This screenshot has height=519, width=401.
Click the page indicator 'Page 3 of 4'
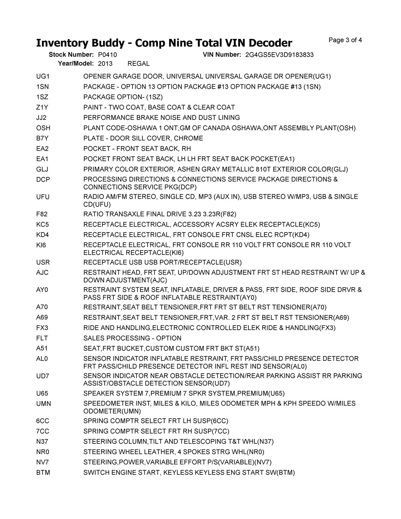[345, 40]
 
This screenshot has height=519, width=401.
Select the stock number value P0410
[107, 55]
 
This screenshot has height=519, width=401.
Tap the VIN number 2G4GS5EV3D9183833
[279, 55]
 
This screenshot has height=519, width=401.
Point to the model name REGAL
[139, 64]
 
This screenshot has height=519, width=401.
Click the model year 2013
[105, 64]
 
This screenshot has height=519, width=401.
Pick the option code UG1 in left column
[43, 76]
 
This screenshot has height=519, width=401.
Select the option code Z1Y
[42, 107]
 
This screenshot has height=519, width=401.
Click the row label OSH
[43, 128]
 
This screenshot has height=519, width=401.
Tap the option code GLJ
[42, 170]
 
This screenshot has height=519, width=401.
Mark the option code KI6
[41, 245]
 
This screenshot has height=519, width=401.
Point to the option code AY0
[42, 290]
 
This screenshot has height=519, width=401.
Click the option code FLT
[42, 338]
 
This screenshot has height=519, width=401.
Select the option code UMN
[44, 404]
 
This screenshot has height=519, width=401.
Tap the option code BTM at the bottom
[43, 473]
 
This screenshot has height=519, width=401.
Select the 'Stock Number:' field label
[71, 55]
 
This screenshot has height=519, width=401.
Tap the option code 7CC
[43, 431]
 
